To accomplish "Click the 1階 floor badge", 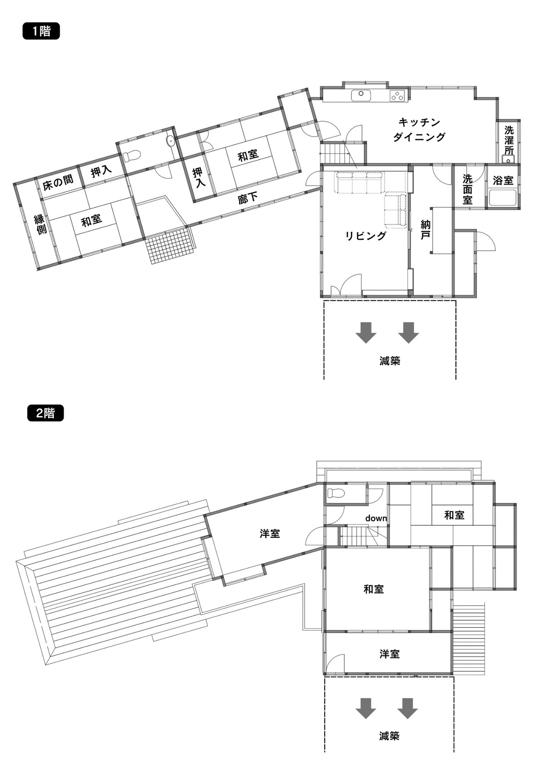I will tap(41, 31).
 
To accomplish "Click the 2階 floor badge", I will tap(45, 413).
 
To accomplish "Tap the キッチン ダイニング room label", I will tap(419, 129).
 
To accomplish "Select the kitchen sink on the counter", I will tap(361, 95).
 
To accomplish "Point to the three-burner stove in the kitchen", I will tap(397, 95).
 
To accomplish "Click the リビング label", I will tap(366, 236).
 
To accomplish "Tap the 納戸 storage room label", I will tap(426, 230).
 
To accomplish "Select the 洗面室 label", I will tap(468, 189).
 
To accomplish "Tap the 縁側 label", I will tap(40, 224).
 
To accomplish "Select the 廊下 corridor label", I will tap(248, 198).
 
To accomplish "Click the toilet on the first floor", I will tap(131, 156).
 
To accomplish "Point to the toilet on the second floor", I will tap(336, 493).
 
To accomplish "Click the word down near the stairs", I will tap(376, 518).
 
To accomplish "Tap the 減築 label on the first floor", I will tap(390, 361).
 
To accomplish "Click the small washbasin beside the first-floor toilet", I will tap(170, 141).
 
